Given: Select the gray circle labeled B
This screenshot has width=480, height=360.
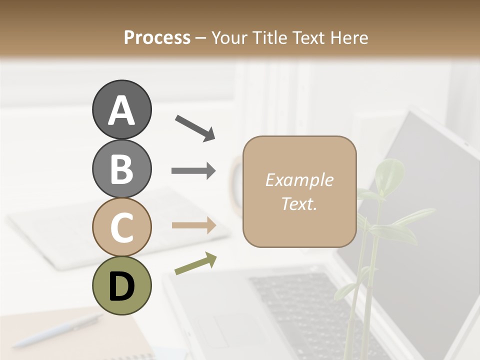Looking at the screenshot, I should click(x=121, y=168).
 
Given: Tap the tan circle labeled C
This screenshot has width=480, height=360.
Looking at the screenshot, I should click(x=121, y=227).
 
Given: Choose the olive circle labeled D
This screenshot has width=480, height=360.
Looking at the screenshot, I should click(x=121, y=285).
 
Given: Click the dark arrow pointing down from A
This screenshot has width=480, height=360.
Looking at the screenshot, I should click(x=194, y=127).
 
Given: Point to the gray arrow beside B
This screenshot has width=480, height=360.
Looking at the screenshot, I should click(x=193, y=171).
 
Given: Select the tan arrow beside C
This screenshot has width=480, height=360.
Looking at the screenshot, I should click(x=193, y=225).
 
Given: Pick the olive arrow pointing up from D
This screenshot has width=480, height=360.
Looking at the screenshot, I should click(x=195, y=263).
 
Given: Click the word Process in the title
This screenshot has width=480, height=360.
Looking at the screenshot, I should click(x=157, y=37).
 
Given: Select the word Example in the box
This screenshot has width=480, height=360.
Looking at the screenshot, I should click(x=299, y=180).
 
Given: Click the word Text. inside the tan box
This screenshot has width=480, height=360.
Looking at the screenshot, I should click(x=299, y=203).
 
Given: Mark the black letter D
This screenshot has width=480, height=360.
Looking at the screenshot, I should click(x=121, y=286).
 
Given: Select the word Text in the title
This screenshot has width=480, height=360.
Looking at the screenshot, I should click(x=309, y=37).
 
